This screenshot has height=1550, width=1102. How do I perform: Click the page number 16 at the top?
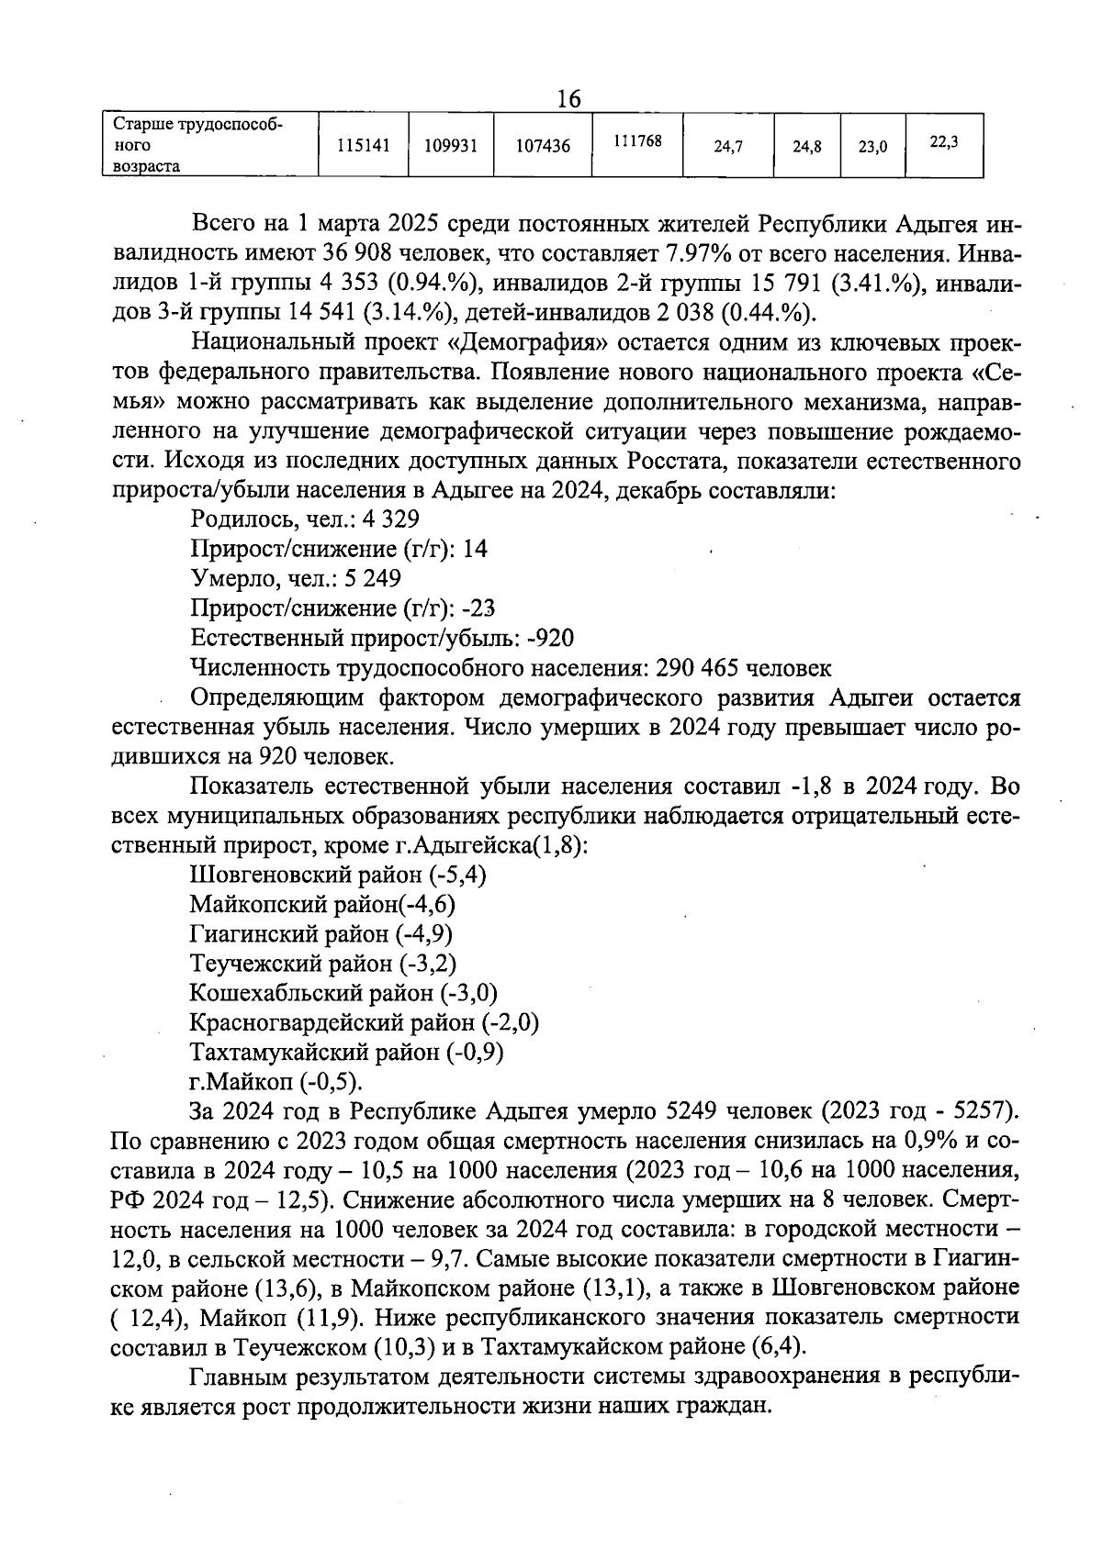[x=569, y=98]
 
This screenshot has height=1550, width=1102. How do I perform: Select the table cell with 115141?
[x=363, y=145]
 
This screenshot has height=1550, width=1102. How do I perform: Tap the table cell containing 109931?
[x=451, y=145]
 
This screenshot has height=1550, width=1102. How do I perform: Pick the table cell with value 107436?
[x=543, y=145]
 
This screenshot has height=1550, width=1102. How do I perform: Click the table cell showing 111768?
[x=637, y=141]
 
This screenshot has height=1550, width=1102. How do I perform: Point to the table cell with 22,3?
[x=944, y=141]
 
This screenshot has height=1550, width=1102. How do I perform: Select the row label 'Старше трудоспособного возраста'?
[x=197, y=145]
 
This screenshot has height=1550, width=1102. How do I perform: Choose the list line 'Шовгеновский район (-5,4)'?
[x=338, y=875]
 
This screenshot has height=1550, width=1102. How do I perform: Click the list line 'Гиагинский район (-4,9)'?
[x=321, y=934]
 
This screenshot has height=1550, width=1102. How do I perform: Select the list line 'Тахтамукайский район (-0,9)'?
[x=346, y=1052]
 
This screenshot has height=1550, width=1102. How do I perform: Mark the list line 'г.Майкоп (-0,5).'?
[x=275, y=1081]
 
